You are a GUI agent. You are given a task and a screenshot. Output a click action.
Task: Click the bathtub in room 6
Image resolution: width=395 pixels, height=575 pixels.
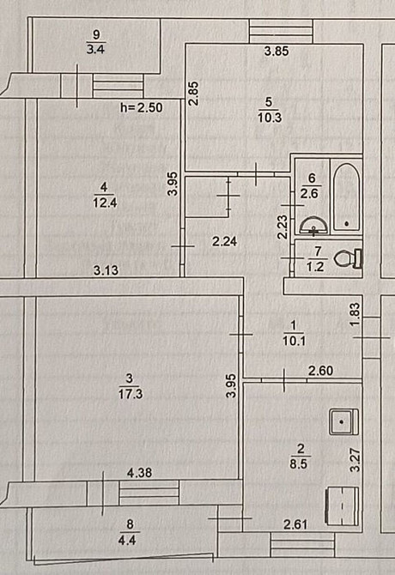click(x=346, y=197)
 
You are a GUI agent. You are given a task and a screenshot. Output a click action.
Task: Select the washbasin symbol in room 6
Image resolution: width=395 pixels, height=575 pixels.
click(x=313, y=227)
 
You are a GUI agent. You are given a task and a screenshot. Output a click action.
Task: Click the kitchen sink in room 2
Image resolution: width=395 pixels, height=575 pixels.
click(x=343, y=421)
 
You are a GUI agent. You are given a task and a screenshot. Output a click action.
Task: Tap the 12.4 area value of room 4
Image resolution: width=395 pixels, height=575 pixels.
click(x=105, y=202)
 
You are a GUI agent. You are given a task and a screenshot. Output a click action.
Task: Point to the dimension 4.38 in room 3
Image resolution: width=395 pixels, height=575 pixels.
click(x=140, y=472)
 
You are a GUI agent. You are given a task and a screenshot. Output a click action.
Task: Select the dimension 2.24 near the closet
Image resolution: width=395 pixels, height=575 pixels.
click(x=224, y=242)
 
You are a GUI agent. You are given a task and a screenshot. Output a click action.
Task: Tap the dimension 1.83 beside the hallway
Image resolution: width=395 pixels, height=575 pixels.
click(x=354, y=310)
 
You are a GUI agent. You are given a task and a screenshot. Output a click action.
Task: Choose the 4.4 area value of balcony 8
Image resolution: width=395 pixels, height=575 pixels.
click(x=130, y=540)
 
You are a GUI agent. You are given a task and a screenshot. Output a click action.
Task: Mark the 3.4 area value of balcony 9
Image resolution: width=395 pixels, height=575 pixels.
click(x=96, y=48)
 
